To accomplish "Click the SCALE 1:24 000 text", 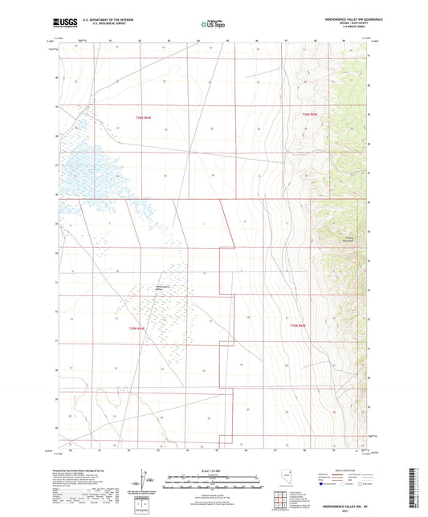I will [x=213, y=470].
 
